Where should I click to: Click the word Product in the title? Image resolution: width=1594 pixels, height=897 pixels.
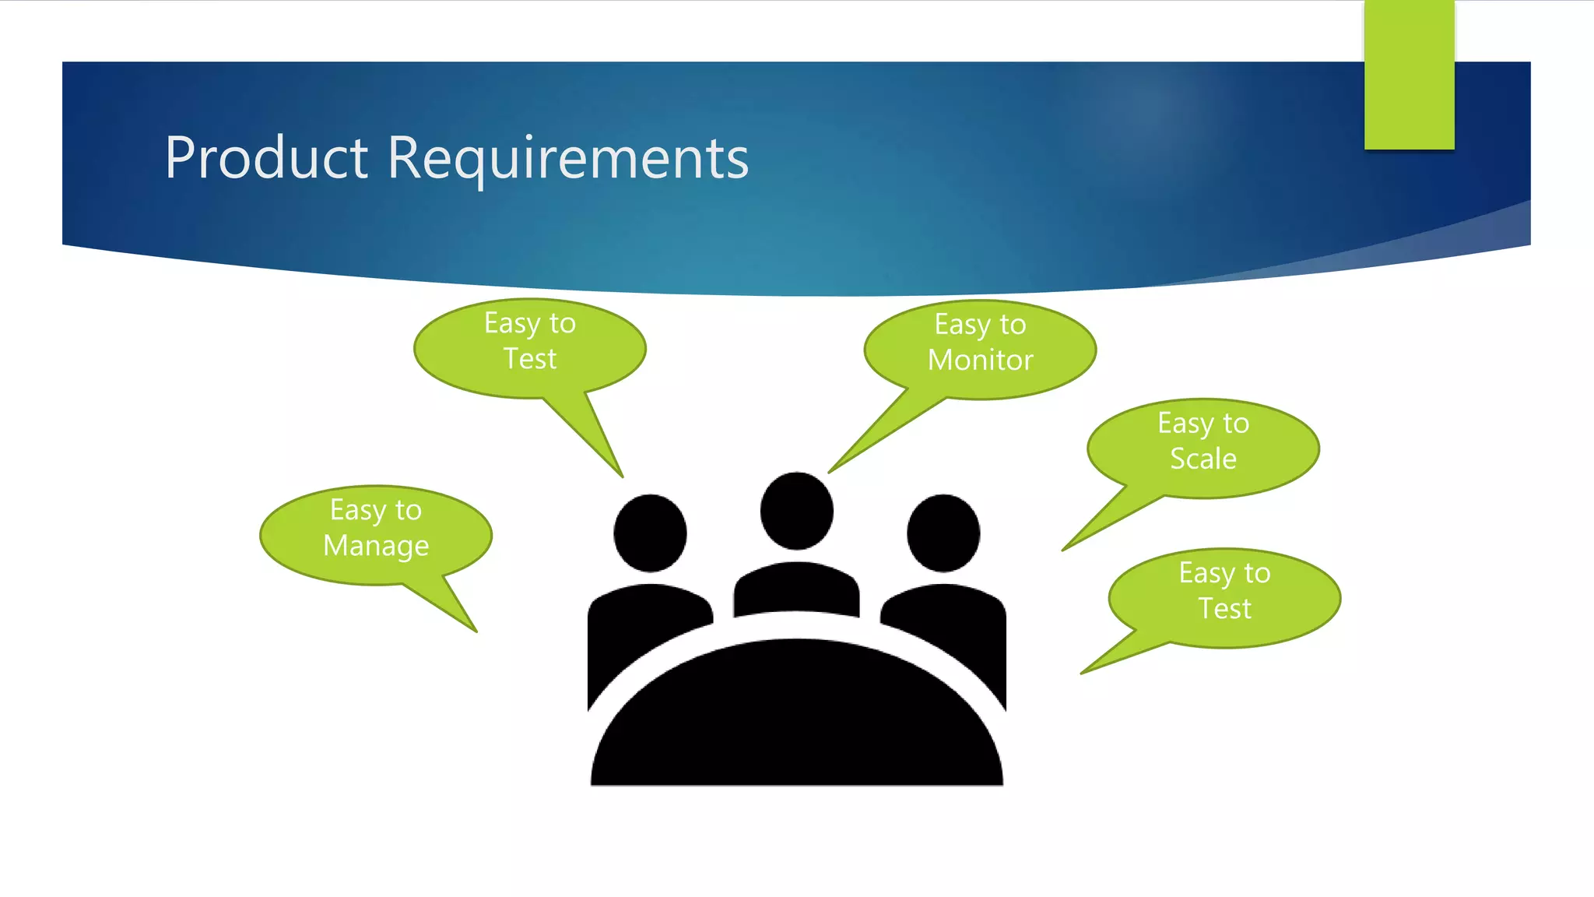[x=265, y=158]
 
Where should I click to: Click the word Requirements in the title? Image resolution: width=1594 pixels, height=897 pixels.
[x=567, y=158]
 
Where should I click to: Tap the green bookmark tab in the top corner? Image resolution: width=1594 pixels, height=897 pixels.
[x=1409, y=75]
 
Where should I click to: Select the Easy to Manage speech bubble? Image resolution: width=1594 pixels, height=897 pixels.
[x=375, y=535]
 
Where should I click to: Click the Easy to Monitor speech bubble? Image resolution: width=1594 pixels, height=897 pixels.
[x=980, y=350]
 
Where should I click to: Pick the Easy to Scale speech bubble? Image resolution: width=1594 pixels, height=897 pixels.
[x=1203, y=448]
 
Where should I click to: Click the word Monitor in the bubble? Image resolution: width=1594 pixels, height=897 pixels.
[x=980, y=361]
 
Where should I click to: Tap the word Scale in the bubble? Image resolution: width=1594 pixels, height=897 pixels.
[x=1203, y=459]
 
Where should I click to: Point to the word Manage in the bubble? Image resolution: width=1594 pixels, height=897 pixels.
[x=376, y=546]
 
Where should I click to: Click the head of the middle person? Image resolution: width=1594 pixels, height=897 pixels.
[x=796, y=511]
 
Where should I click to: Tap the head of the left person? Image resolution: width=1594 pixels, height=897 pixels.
[x=650, y=533]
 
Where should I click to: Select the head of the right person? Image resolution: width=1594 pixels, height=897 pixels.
[x=943, y=533]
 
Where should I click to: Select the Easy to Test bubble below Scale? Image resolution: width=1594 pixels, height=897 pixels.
[x=1224, y=598]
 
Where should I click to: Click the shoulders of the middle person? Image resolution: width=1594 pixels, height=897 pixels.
[x=796, y=589]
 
